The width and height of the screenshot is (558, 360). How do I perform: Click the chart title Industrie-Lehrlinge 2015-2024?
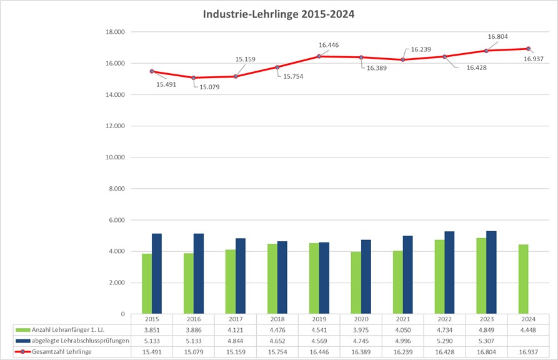(279, 14)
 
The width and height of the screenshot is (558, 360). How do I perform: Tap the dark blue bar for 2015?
(157, 274)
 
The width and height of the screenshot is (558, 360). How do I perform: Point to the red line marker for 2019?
(319, 56)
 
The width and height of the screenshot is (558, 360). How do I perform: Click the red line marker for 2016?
(193, 77)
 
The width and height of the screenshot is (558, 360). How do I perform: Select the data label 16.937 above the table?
(534, 59)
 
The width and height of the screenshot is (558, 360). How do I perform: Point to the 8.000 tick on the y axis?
(115, 189)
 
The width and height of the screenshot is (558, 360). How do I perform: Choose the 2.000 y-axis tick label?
(115, 282)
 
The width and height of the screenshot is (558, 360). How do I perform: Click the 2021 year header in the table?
(402, 319)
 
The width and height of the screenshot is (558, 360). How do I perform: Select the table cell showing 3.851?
(151, 329)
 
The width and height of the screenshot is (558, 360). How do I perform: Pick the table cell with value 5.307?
(486, 341)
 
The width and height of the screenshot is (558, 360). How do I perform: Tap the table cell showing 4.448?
(528, 329)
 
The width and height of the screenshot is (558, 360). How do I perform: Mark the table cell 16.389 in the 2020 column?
(361, 352)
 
